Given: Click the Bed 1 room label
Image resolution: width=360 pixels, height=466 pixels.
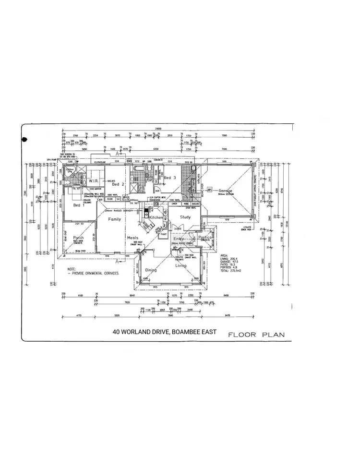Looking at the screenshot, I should (x=79, y=205).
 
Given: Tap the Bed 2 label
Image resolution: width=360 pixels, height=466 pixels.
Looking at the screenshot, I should (x=119, y=184).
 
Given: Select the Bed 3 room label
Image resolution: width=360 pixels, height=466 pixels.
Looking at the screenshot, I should (x=170, y=178).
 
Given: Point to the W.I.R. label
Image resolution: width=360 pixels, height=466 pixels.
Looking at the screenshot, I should (x=94, y=181).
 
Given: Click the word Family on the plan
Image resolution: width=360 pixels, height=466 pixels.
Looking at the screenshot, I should (x=114, y=219).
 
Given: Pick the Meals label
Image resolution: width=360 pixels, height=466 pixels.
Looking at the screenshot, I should (x=132, y=238).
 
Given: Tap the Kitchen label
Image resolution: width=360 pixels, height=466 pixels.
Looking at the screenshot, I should (x=156, y=217).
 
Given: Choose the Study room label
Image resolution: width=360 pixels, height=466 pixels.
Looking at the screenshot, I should (x=185, y=217).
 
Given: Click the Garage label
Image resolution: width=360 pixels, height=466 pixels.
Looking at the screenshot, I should (x=226, y=191).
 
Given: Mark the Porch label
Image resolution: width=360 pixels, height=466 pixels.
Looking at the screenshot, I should (x=78, y=238).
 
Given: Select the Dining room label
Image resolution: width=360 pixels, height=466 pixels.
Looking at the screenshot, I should (x=151, y=271).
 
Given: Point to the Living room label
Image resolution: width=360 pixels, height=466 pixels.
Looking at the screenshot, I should (x=181, y=265).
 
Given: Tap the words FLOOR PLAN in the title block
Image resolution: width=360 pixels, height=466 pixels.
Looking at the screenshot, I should (x=256, y=335).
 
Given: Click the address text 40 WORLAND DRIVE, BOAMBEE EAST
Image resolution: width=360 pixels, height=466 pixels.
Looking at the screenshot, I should (x=165, y=332).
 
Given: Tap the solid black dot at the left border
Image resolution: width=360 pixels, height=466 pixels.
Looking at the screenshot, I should (x=25, y=139).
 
